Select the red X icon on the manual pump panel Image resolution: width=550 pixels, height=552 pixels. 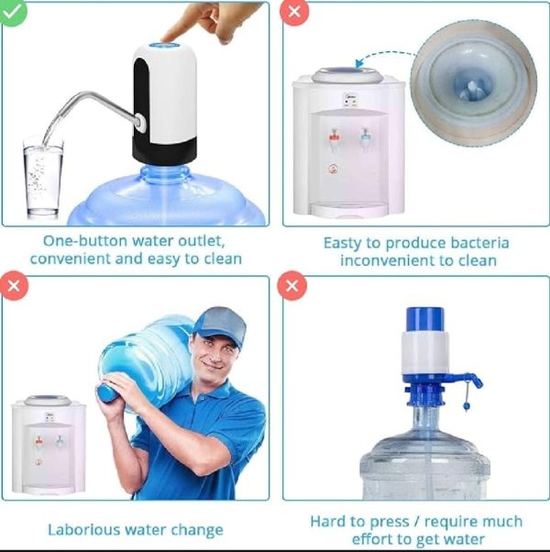pos(292,286)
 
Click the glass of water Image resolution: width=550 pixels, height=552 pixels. pos(43,179)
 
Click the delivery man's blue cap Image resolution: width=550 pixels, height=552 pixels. pos(220,325)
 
